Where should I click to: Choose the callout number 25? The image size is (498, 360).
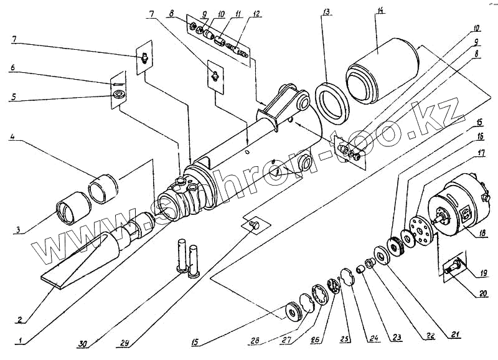tap(345, 339)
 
